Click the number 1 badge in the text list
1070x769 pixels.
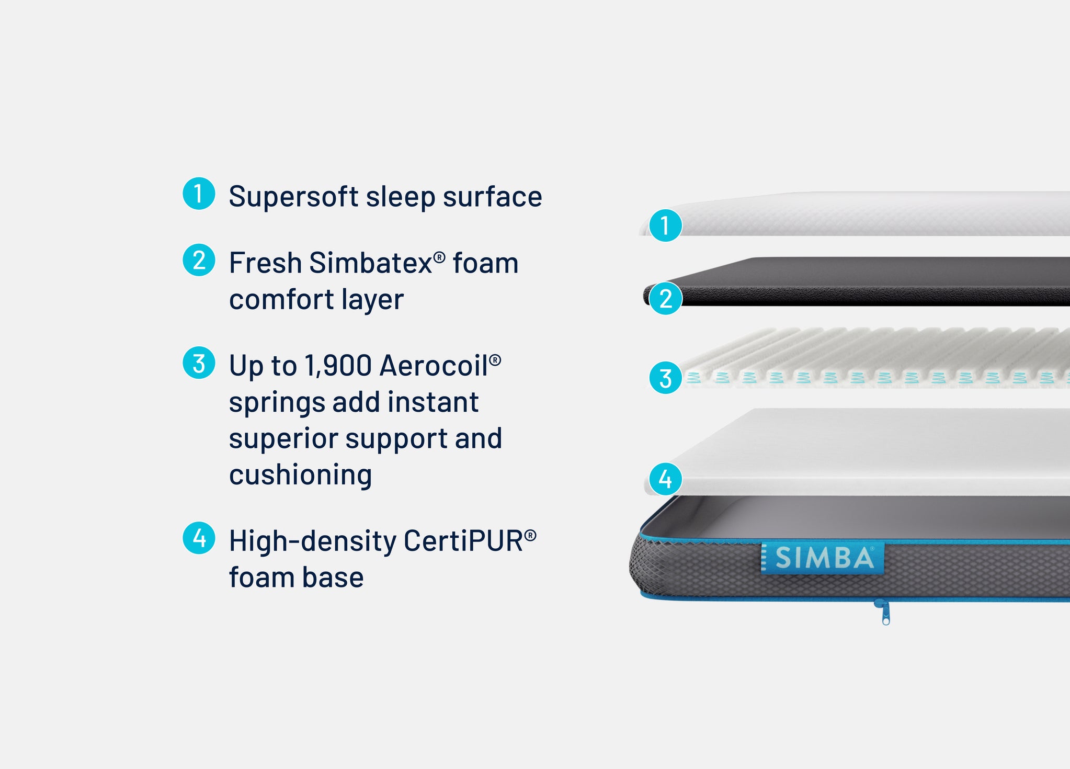point(199,194)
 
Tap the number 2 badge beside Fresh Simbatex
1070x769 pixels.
point(199,260)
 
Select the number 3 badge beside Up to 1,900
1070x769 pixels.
point(199,363)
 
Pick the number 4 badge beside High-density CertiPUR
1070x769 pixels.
point(199,538)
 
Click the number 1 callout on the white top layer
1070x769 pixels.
point(665,225)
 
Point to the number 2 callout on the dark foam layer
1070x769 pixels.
point(665,299)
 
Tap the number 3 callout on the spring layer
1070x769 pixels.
point(665,378)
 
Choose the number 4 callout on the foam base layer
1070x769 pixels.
point(665,479)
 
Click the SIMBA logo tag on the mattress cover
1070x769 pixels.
point(823,558)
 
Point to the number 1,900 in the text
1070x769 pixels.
point(338,365)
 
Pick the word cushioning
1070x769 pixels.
point(301,476)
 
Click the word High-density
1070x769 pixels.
point(313,542)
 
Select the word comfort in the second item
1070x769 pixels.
point(281,300)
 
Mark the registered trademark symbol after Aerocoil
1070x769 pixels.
point(495,359)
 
